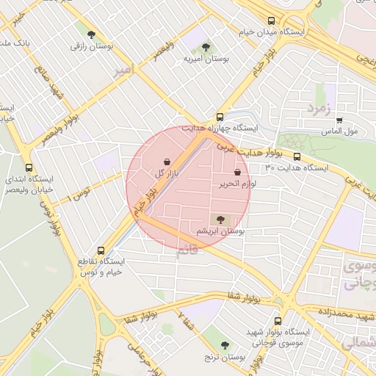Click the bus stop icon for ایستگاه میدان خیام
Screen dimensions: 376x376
(272, 21)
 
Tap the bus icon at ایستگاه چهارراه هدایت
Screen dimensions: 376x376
(220, 117)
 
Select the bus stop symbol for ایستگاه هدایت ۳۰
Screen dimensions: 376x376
(297, 156)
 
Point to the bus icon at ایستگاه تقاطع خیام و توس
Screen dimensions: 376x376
(101, 250)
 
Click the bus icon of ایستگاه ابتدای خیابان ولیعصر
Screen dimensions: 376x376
(29, 167)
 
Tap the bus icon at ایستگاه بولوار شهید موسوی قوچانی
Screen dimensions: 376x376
(277, 321)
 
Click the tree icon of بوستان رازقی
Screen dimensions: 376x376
(91, 35)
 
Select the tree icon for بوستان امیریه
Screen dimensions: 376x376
(205, 47)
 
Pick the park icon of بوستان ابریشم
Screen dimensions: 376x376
(220, 220)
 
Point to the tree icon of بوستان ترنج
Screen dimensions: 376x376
(225, 345)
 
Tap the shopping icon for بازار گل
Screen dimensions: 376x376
(167, 162)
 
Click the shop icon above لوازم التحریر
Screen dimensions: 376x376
(237, 172)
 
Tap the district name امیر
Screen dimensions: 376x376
(124, 70)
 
